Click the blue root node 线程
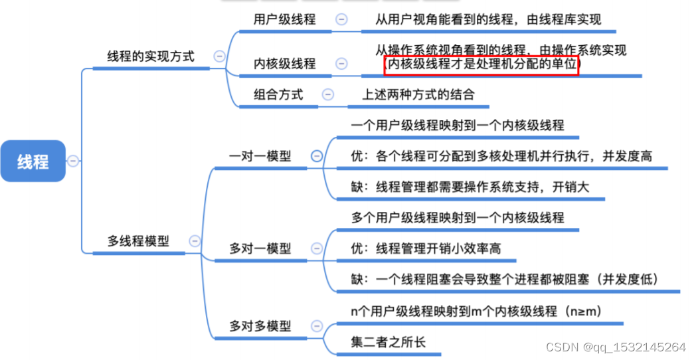coord(33,161)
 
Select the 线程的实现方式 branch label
coord(151,56)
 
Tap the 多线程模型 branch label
coord(138,241)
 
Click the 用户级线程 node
coord(284,19)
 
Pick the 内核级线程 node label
coord(284,64)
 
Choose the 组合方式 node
coord(278,94)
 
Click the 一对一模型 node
coord(260,156)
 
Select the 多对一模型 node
coord(260,248)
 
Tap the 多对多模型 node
coord(260,326)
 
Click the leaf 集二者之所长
coord(388,343)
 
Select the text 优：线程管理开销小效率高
coord(426,248)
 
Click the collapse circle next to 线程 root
coord(73,161)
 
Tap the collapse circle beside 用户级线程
coord(341,19)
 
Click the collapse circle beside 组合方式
coord(327,94)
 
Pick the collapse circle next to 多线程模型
coord(194,241)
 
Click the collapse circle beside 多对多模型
coord(317,326)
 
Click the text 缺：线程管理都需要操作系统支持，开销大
coord(470,187)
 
